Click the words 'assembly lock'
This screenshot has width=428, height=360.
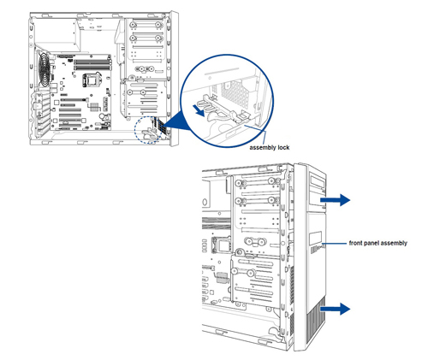pyautogui.click(x=269, y=147)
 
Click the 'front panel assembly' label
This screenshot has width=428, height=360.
pyautogui.click(x=378, y=243)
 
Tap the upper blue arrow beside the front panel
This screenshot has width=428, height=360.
pyautogui.click(x=335, y=199)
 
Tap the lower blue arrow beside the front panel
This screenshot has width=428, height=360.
pyautogui.click(x=335, y=309)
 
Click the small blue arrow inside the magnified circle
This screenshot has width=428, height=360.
pyautogui.click(x=199, y=110)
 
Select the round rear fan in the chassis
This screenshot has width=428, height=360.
pyautogui.click(x=44, y=70)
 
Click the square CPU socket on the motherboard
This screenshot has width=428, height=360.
pyautogui.click(x=91, y=80)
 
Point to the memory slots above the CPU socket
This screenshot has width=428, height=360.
pyautogui.click(x=92, y=64)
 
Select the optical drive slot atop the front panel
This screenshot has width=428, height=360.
pyautogui.click(x=318, y=181)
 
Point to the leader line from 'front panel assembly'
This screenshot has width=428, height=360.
pyautogui.click(x=335, y=244)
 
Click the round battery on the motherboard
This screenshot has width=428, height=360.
pyautogui.click(x=103, y=116)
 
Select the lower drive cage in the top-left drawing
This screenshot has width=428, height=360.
pyautogui.click(x=144, y=98)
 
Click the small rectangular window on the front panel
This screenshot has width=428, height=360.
pyautogui.click(x=316, y=238)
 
